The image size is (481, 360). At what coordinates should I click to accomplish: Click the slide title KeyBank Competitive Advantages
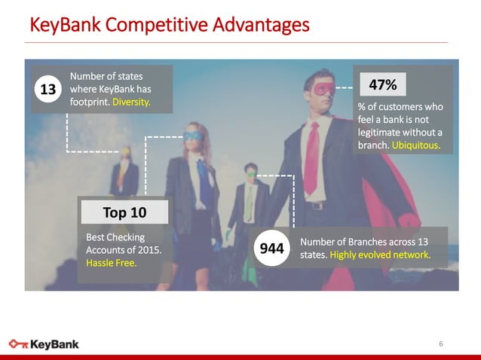click(x=169, y=25)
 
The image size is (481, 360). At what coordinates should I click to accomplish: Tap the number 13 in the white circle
click(x=47, y=90)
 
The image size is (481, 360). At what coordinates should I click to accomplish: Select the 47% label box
click(x=384, y=83)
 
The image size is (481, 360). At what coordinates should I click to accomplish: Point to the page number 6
click(x=441, y=343)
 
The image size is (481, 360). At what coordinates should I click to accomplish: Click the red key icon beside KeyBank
click(x=19, y=344)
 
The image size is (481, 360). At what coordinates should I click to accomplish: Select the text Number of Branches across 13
click(x=364, y=242)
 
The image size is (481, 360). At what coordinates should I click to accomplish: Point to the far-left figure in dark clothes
click(x=124, y=177)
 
